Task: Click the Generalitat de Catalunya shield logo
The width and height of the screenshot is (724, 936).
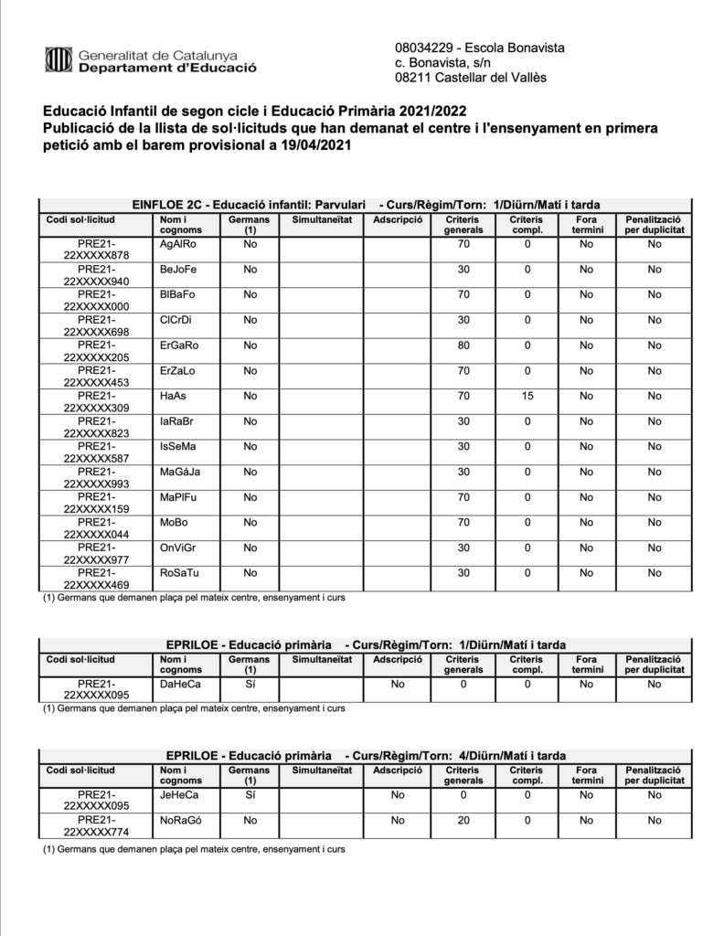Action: (x=58, y=61)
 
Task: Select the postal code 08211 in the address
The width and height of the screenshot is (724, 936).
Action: (x=412, y=78)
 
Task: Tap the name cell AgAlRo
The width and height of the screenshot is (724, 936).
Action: (x=177, y=244)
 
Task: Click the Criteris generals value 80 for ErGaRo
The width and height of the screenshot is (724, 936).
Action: (x=463, y=346)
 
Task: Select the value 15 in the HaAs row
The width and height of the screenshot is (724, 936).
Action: (x=526, y=396)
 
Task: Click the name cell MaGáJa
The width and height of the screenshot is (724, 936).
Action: (x=179, y=472)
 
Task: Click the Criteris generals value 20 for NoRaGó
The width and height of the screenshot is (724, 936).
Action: (x=463, y=821)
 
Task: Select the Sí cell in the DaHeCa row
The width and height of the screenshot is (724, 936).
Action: (x=249, y=683)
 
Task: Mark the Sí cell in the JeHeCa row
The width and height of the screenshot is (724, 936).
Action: (x=249, y=795)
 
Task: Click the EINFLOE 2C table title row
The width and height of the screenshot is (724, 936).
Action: (x=362, y=204)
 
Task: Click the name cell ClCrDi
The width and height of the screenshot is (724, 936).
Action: (x=176, y=320)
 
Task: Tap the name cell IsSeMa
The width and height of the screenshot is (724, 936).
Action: (x=177, y=446)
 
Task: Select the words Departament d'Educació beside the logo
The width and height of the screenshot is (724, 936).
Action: (x=167, y=68)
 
